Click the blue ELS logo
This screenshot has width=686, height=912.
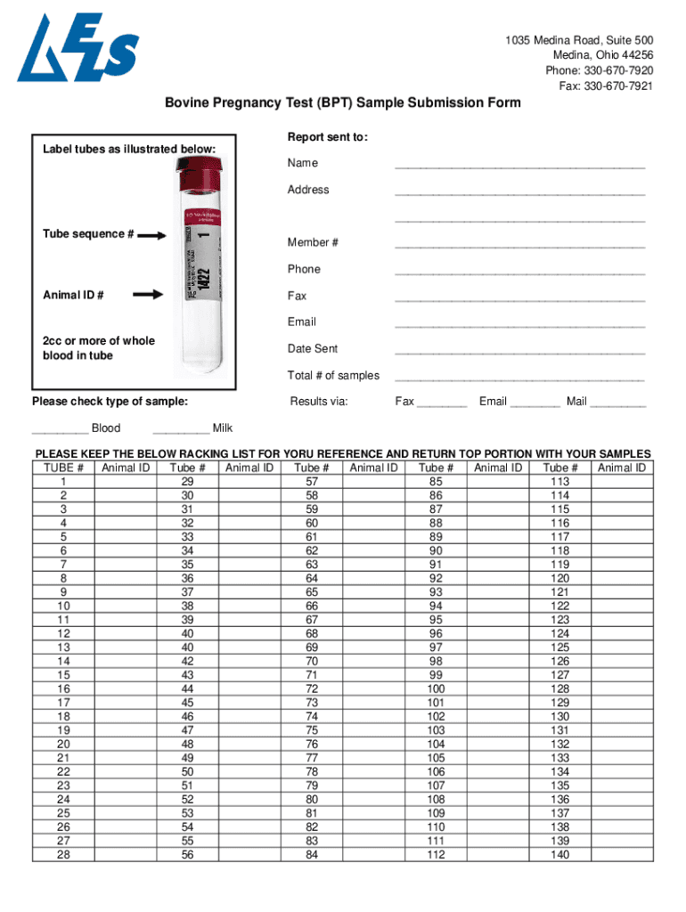point(78,48)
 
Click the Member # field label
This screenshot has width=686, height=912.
point(313,242)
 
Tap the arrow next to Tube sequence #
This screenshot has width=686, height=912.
point(152,235)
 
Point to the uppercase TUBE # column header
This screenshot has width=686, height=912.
point(63,468)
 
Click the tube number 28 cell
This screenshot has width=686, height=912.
point(63,855)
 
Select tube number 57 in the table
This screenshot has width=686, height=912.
point(312,482)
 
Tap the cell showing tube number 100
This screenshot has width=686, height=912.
point(436,688)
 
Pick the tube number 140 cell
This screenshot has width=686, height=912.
point(559,855)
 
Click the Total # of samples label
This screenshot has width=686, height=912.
point(333,375)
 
